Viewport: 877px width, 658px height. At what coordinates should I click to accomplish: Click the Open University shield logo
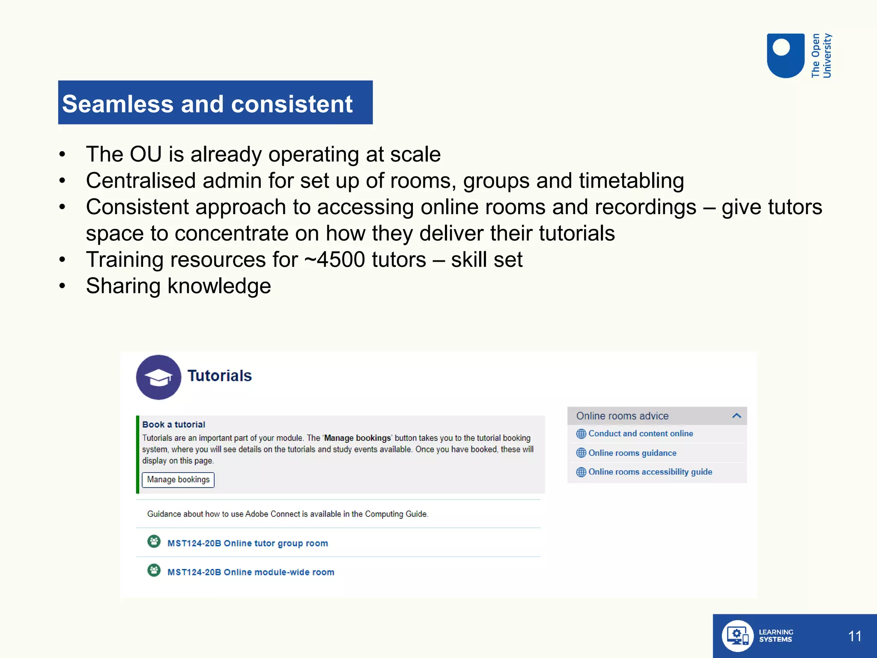pyautogui.click(x=785, y=56)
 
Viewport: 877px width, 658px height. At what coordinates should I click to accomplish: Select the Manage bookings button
pyautogui.click(x=178, y=479)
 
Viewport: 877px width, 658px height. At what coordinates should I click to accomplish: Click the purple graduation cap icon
pyautogui.click(x=158, y=377)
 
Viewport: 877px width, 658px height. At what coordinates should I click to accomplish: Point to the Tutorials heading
pyautogui.click(x=219, y=376)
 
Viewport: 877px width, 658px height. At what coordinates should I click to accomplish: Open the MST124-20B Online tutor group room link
pyautogui.click(x=248, y=543)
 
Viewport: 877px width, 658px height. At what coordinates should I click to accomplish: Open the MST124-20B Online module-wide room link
pyautogui.click(x=251, y=572)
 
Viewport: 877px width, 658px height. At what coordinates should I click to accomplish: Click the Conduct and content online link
pyautogui.click(x=640, y=434)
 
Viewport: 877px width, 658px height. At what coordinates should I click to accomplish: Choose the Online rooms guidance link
pyautogui.click(x=632, y=453)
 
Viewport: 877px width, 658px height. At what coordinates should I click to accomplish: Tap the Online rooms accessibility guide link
pyautogui.click(x=650, y=472)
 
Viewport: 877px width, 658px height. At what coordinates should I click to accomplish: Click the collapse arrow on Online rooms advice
pyautogui.click(x=737, y=416)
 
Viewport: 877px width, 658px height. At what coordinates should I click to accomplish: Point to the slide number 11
pyautogui.click(x=854, y=636)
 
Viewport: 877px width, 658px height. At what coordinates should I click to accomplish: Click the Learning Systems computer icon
pyautogui.click(x=737, y=636)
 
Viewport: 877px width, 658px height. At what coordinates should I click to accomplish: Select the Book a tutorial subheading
pyautogui.click(x=173, y=425)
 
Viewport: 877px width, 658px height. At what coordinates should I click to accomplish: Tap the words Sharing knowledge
pyautogui.click(x=178, y=286)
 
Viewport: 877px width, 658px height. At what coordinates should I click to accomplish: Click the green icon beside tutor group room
pyautogui.click(x=154, y=541)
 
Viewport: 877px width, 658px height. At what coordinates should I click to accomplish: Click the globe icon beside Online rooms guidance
pyautogui.click(x=581, y=453)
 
